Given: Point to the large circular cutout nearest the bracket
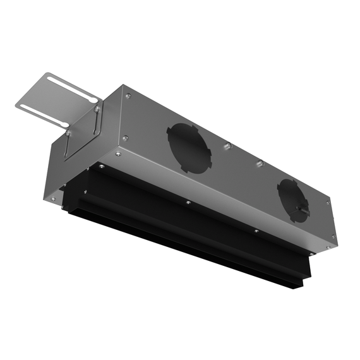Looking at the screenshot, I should point(188,148).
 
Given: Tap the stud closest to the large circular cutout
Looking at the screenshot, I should point(227,147).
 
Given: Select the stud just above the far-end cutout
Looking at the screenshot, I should point(258,164).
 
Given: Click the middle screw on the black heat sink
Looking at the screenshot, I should point(188,203).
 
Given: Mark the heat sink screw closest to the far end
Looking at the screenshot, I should point(255,231).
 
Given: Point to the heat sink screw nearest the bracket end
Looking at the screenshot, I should point(100,166).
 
